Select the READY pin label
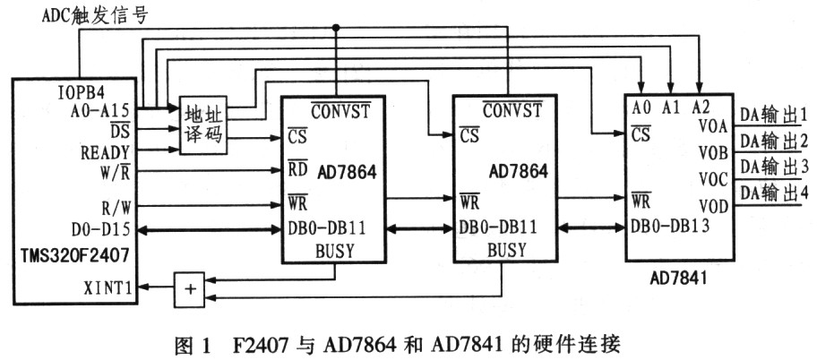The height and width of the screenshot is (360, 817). click(x=105, y=152)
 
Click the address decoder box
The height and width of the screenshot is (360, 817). click(x=203, y=125)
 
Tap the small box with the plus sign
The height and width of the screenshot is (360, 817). click(x=191, y=289)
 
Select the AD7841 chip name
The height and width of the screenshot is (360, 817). click(x=678, y=279)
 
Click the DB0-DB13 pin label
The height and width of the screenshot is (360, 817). click(x=669, y=226)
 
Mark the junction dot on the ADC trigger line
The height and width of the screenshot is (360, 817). click(x=336, y=27)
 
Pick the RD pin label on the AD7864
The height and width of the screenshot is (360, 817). click(x=297, y=169)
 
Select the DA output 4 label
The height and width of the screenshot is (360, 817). click(x=775, y=193)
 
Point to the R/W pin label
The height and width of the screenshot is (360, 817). click(x=116, y=207)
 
